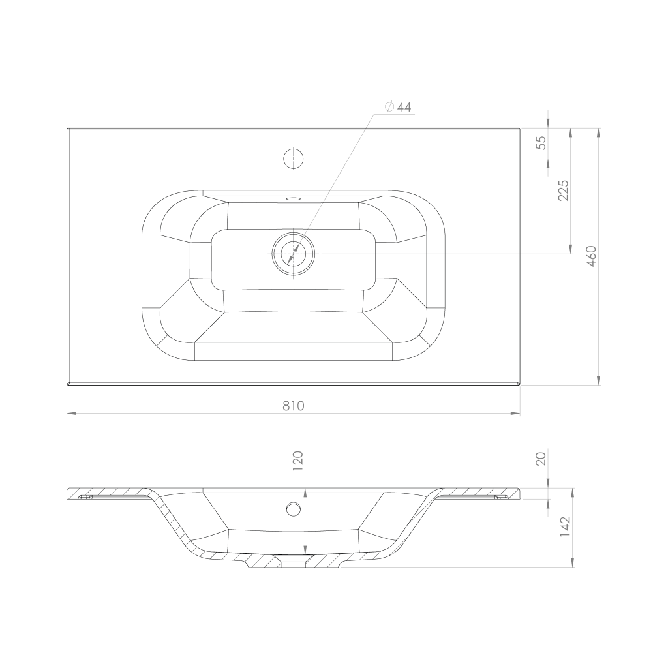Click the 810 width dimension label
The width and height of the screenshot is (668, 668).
pyautogui.click(x=294, y=406)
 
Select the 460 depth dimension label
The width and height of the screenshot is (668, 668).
pyautogui.click(x=591, y=256)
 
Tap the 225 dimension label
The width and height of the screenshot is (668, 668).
pyautogui.click(x=563, y=190)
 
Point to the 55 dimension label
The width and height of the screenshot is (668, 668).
pyautogui.click(x=541, y=143)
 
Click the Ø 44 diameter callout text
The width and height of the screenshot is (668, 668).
pyautogui.click(x=398, y=107)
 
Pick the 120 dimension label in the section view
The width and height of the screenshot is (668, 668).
pyautogui.click(x=297, y=461)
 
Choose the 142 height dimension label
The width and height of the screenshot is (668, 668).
pyautogui.click(x=565, y=526)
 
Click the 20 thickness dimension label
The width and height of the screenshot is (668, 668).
pyautogui.click(x=541, y=459)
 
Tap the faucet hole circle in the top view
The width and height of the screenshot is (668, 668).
pyautogui.click(x=294, y=159)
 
